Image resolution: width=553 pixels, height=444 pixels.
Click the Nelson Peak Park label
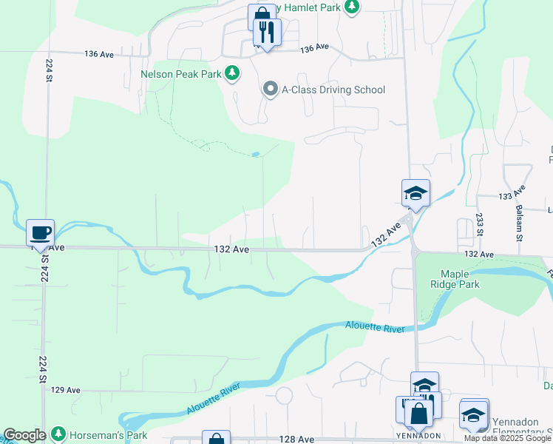[182, 74]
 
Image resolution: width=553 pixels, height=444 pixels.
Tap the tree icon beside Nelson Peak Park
[232, 73]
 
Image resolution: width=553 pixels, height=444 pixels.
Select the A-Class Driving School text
[333, 90]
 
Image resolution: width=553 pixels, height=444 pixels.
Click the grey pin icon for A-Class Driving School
[270, 90]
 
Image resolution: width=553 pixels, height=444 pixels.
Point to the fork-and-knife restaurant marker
[267, 33]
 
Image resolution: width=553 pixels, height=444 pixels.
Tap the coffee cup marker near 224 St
[41, 232]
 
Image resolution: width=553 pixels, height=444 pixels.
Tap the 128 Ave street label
[297, 439]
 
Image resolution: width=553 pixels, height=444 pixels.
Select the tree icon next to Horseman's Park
[58, 434]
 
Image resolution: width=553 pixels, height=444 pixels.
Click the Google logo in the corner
[24, 435]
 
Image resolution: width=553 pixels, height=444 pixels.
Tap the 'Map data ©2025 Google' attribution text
[507, 438]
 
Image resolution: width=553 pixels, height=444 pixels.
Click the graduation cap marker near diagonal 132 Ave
[415, 194]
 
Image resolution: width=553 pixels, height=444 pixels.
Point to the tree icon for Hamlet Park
[353, 7]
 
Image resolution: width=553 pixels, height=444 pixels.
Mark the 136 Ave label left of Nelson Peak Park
[99, 54]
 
